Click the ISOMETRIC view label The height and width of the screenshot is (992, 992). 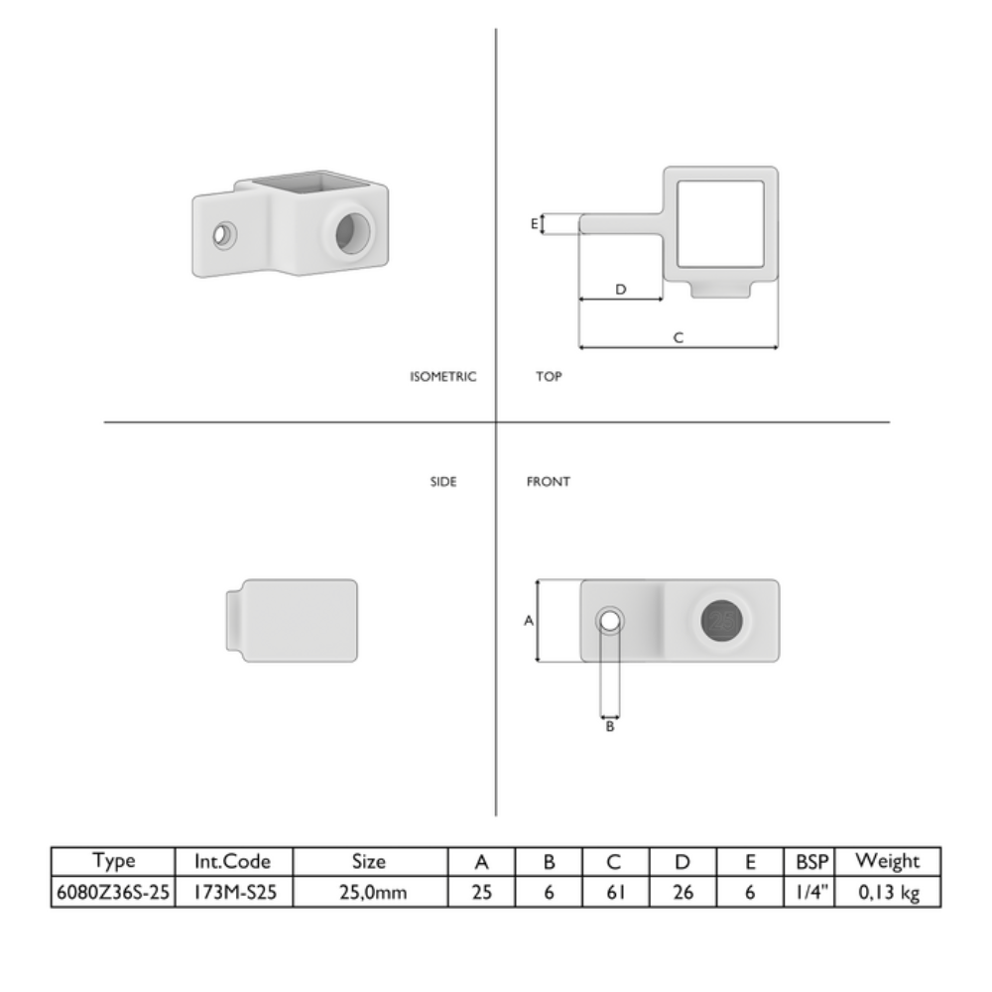(442, 376)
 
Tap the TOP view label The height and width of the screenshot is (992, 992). (549, 376)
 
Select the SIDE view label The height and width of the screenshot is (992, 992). (442, 481)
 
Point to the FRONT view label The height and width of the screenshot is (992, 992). (548, 481)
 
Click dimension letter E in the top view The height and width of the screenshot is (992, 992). (535, 223)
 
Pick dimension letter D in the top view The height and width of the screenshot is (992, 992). (621, 289)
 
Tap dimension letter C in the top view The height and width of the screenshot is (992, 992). (679, 338)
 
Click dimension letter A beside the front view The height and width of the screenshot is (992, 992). (529, 621)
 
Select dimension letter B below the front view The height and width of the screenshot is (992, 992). (610, 726)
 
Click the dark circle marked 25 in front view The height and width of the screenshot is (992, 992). (722, 621)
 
